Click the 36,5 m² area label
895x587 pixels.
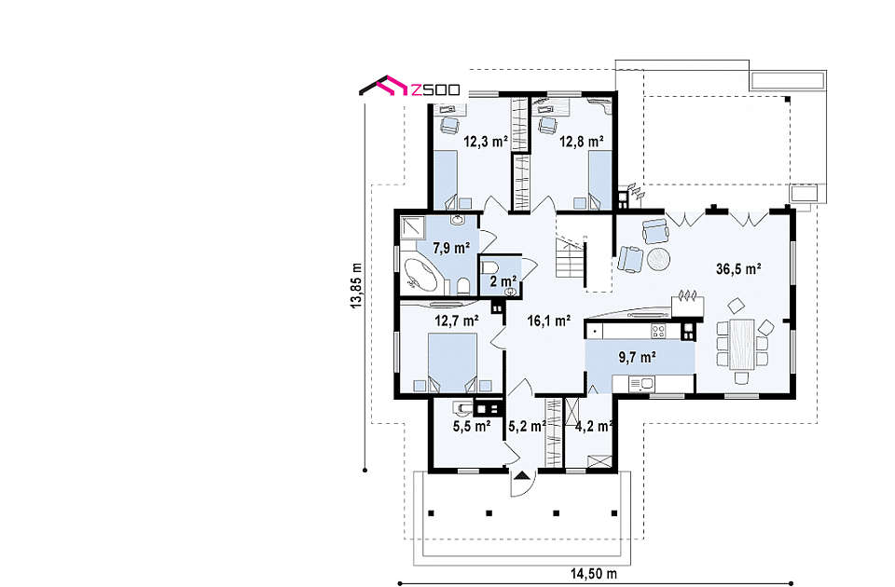pos(738,269)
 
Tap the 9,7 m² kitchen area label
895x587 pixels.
pos(637,358)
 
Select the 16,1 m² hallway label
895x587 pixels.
pos(548,321)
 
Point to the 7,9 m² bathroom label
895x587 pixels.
pos(451,248)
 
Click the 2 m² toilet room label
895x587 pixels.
pos(503,281)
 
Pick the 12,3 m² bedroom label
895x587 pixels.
pos(486,142)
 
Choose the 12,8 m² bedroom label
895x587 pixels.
pos(582,142)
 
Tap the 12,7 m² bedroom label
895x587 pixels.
pos(457,321)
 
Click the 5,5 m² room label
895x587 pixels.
pos(472,426)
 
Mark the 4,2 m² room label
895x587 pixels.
pos(594,426)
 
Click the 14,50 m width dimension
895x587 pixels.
pos(594,574)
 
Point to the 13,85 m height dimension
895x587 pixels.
pos(356,286)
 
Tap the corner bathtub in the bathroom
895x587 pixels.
pos(420,275)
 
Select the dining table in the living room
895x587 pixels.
pos(741,344)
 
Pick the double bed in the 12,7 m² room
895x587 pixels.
pos(452,362)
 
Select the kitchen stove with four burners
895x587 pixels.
pos(658,330)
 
